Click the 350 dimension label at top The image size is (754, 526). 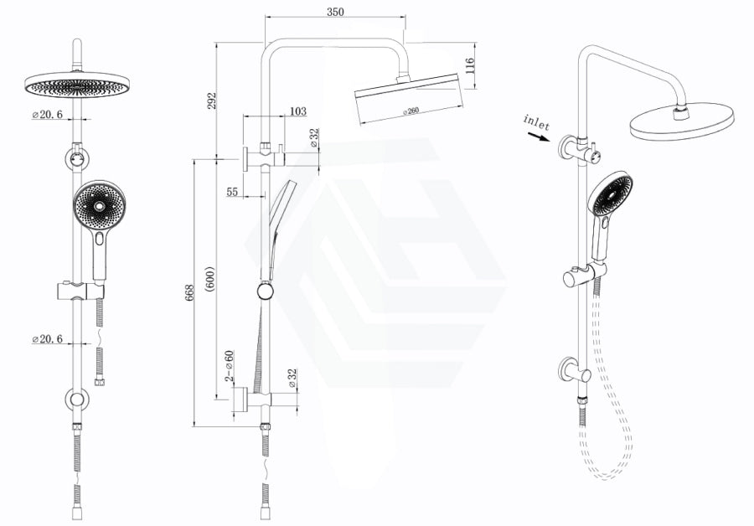[335, 11]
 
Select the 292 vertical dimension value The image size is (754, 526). [212, 101]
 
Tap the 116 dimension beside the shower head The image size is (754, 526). [469, 64]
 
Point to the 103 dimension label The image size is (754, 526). [298, 111]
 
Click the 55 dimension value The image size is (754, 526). [232, 191]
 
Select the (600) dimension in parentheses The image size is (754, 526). [209, 279]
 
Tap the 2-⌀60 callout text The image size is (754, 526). [230, 366]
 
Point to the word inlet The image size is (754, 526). [536, 122]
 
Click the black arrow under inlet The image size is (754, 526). [539, 137]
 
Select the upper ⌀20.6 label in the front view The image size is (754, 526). [47, 115]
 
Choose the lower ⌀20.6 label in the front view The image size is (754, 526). [47, 339]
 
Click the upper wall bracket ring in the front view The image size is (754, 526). [76, 157]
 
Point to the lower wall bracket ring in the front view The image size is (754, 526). [76, 399]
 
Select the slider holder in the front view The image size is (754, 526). [80, 291]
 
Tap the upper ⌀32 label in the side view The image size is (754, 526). [314, 137]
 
